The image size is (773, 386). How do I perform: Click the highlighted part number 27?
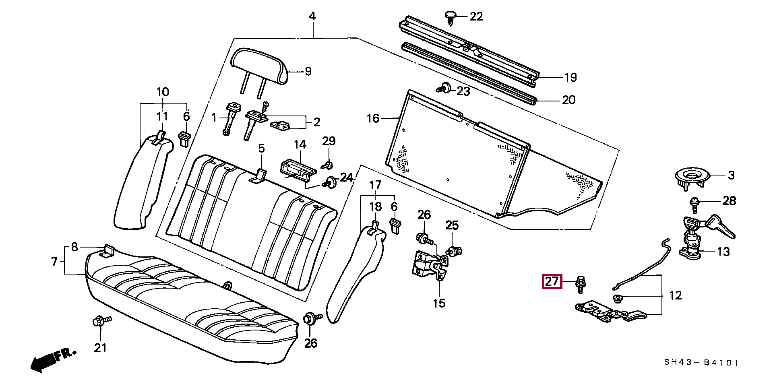[552, 282]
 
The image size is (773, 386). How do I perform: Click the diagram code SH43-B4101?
[701, 363]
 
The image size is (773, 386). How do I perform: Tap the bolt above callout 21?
[100, 321]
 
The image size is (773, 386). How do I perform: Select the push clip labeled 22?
[451, 17]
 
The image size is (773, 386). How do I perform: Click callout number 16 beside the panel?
[373, 118]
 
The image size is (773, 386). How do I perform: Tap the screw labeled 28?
[694, 204]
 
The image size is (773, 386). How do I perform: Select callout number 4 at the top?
[312, 17]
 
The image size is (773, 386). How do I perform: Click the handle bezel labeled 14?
[296, 169]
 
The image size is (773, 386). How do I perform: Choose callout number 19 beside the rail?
[570, 77]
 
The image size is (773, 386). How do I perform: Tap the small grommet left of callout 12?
[617, 298]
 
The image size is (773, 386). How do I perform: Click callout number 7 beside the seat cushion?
[55, 262]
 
